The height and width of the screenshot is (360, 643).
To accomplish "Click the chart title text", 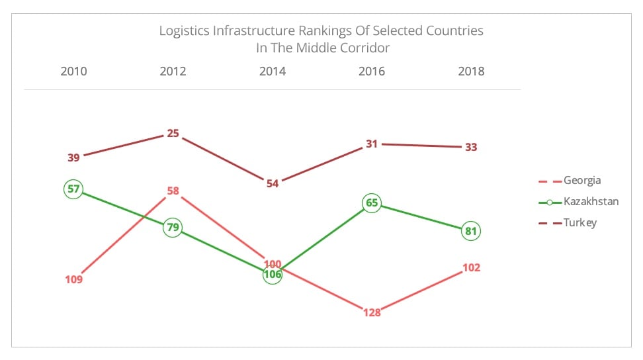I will [321, 39].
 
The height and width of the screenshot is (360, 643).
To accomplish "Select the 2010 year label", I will [73, 71].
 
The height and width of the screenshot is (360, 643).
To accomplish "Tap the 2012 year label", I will [173, 71].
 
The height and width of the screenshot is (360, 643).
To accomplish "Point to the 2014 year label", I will [273, 71].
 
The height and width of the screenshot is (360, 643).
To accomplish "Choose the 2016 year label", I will [372, 71].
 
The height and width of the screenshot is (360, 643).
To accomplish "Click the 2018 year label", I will [471, 71].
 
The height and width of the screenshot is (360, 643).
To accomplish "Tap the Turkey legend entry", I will [579, 222].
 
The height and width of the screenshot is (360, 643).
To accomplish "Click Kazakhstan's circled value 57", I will [73, 189].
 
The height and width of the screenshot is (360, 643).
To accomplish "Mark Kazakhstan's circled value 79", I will [173, 228].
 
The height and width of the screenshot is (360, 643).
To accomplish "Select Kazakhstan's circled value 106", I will [273, 275].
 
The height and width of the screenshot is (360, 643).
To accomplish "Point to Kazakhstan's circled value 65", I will [372, 203].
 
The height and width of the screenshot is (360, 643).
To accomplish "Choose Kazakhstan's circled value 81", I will [471, 232].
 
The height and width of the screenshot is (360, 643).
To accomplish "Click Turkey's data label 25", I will [173, 133].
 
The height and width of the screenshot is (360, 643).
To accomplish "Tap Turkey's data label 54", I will [273, 184].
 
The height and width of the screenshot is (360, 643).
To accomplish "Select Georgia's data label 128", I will [372, 312].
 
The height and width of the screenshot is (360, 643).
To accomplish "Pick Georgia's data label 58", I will [173, 191].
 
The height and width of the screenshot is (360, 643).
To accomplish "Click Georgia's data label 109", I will [73, 279].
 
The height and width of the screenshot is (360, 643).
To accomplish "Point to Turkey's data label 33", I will [471, 147].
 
